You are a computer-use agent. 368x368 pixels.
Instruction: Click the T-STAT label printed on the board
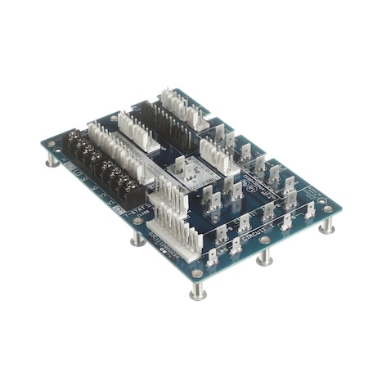(134, 210)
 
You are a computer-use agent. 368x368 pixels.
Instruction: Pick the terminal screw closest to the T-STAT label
(131, 189)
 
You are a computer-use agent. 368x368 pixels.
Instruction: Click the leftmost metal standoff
(52, 159)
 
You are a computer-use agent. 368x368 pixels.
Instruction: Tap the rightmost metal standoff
(326, 225)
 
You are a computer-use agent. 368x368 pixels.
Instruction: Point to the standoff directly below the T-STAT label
(137, 238)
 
